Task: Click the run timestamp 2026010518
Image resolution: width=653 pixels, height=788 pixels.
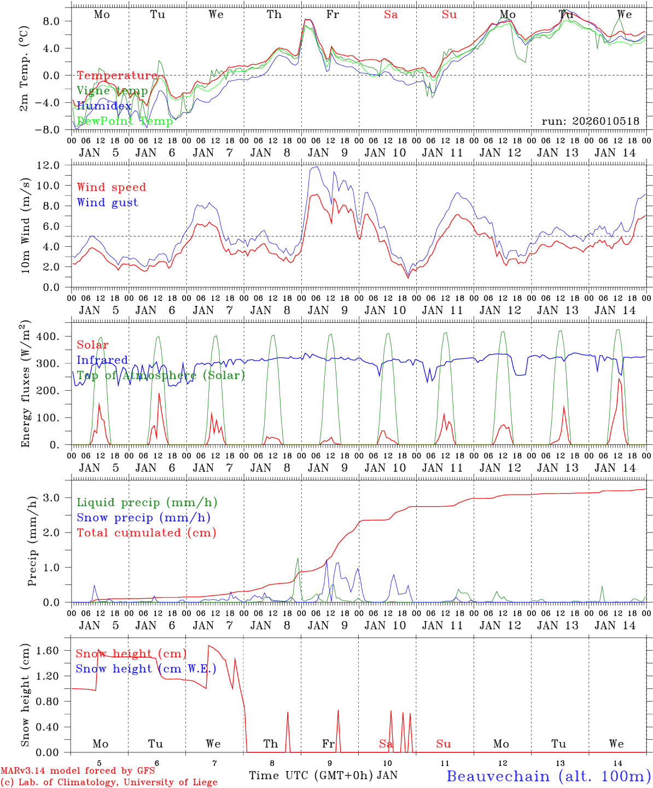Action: coord(590,121)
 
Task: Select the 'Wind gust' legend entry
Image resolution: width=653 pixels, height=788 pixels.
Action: coord(107,202)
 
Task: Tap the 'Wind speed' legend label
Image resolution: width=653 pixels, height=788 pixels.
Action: coord(112,187)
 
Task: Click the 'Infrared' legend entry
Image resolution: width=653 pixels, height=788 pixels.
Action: coord(102,360)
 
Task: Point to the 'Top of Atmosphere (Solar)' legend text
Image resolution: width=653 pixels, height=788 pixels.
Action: coord(161,375)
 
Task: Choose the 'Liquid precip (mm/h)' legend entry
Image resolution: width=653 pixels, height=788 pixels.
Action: coord(147,502)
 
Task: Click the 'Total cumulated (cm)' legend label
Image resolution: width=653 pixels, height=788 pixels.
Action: coord(146,532)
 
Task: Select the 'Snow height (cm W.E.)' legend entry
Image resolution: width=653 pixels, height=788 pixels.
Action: coord(146,669)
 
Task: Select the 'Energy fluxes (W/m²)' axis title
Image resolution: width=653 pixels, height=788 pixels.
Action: coord(25,383)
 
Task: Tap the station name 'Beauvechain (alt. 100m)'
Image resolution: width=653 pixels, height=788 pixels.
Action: coord(549,776)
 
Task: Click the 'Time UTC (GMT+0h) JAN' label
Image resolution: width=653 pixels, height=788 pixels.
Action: coord(323,775)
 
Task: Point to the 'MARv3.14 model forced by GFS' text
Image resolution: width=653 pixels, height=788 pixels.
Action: coord(78,771)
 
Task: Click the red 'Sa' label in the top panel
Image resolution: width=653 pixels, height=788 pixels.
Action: coord(390,15)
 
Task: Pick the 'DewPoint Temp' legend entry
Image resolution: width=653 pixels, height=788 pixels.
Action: coord(125,121)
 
